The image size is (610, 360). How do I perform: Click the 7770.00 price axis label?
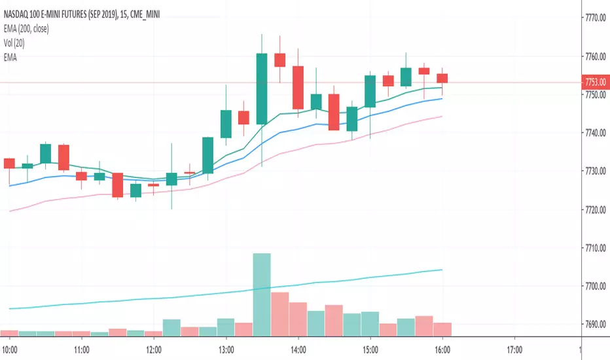594,19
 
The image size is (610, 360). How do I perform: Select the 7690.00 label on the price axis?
594,325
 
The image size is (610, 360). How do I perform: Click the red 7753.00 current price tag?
594,82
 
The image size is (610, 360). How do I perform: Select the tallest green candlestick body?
262,88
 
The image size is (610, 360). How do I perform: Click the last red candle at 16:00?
442,78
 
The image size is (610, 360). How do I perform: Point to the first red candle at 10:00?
9,163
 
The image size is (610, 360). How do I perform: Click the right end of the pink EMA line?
442,117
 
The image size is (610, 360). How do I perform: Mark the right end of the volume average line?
442,270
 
